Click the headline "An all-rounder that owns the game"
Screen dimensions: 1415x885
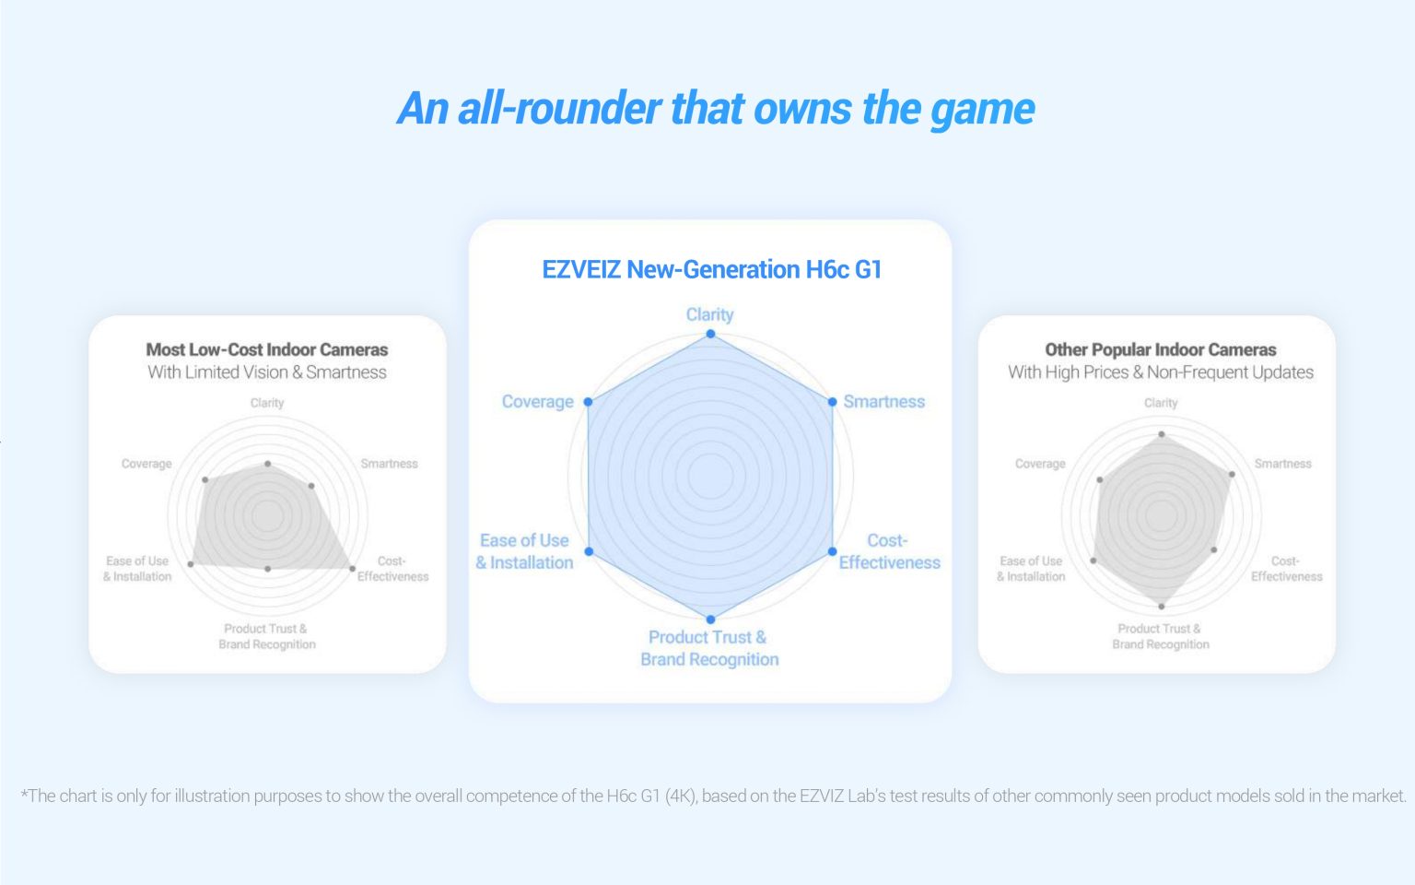[716, 109]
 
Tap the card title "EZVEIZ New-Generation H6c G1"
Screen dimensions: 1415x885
[712, 270]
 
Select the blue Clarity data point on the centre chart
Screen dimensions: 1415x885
[710, 334]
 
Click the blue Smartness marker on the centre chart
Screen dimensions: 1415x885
[833, 402]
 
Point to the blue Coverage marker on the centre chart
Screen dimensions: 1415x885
[588, 402]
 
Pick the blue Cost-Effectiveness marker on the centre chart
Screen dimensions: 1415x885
[833, 552]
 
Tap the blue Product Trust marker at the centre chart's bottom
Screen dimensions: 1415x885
[710, 619]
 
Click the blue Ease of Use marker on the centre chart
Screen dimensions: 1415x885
[589, 552]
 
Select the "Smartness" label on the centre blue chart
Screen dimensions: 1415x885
[883, 402]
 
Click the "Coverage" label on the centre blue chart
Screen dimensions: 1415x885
[538, 402]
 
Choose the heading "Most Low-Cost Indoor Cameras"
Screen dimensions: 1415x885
[266, 349]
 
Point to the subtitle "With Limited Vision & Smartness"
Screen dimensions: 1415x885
[266, 372]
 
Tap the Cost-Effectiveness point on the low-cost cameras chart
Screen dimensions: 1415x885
[353, 569]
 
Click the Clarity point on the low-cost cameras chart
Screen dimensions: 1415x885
[268, 464]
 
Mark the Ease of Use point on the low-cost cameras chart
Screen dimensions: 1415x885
[191, 564]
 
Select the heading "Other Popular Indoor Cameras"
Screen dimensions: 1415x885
[1161, 349]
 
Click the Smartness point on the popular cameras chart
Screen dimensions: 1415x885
[1232, 474]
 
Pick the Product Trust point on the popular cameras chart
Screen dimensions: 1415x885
[1162, 607]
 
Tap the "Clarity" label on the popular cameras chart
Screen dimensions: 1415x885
[1161, 403]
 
